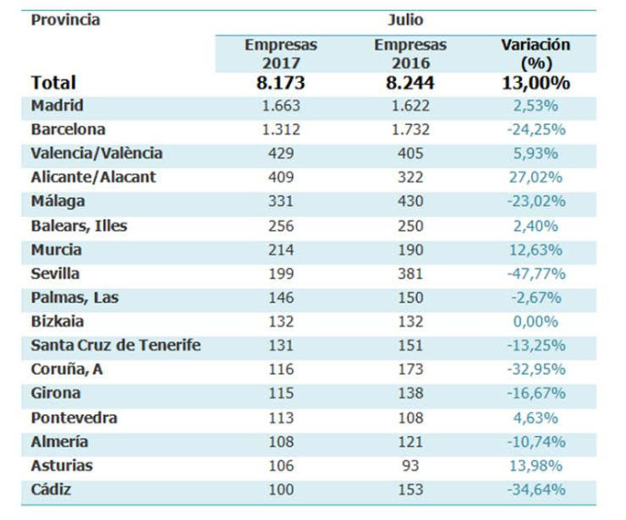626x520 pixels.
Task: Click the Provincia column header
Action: tap(65, 19)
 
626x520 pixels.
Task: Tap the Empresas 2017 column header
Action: tap(280, 52)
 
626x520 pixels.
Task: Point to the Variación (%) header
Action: tap(535, 52)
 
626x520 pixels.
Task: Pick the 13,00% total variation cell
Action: tap(535, 83)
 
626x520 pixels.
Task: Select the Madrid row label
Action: tap(57, 106)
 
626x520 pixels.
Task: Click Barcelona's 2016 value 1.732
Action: tap(410, 130)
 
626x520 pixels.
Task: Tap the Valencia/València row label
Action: tap(97, 154)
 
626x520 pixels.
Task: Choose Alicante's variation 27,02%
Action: tap(535, 178)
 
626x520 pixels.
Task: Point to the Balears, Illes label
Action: tap(79, 225)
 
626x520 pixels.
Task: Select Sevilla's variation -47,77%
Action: tap(535, 273)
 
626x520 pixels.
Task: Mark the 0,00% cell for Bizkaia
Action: tap(535, 321)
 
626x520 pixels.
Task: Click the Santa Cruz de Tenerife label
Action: tap(116, 345)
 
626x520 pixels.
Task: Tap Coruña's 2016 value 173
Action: tap(410, 369)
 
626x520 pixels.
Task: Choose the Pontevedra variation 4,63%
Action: tap(535, 417)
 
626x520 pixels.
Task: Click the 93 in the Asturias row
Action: tap(410, 465)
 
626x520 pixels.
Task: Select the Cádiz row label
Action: tap(51, 489)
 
